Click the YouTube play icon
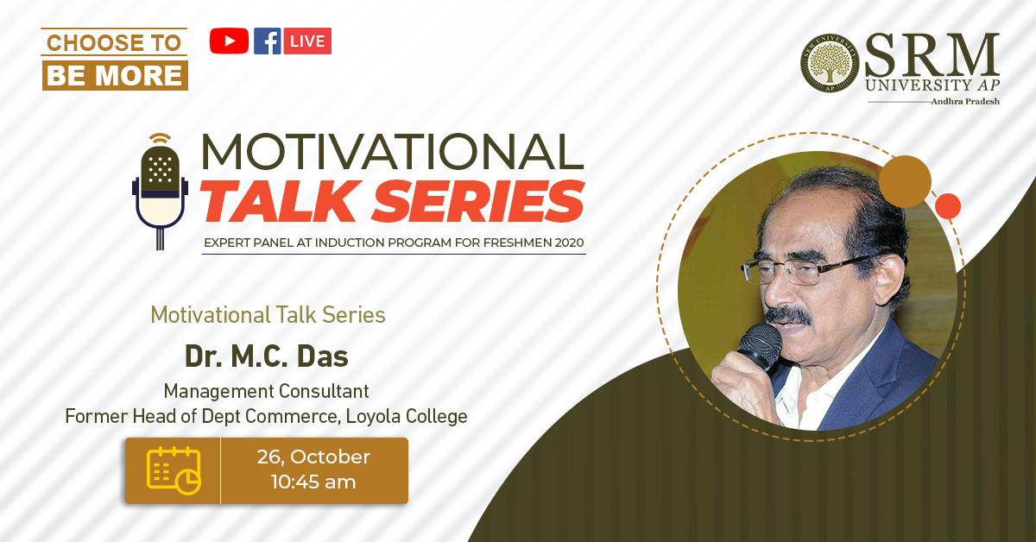pos(229,41)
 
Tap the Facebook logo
pos(268,41)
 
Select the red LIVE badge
pos(307,41)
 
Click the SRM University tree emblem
pos(830,63)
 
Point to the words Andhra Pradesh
pos(965,101)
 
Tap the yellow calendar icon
pos(174,470)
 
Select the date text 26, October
pos(313,457)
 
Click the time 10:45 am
pos(313,482)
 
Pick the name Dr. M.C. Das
pos(267,356)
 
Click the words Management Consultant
pos(267,391)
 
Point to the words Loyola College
pos(407,417)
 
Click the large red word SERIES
pos(478,201)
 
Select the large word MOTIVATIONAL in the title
pos(392,152)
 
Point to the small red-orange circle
pos(948,206)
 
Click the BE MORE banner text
pos(115,75)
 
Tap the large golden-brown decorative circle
pos(905,182)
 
